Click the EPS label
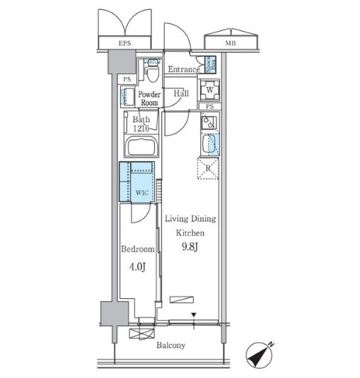[x=124, y=43]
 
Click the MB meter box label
[x=231, y=43]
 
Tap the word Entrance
[x=184, y=69]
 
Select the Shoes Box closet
[x=210, y=64]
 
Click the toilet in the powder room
[x=152, y=71]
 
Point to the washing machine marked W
[x=209, y=90]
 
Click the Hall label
[x=181, y=93]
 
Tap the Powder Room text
[x=149, y=98]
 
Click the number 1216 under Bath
[x=141, y=129]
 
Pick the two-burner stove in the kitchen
[x=209, y=123]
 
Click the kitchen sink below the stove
[x=209, y=143]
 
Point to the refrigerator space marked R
[x=208, y=168]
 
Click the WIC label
[x=142, y=193]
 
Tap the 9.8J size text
[x=190, y=247]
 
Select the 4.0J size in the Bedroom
[x=137, y=267]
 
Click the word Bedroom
[x=138, y=249]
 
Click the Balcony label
[x=171, y=345]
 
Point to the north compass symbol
[x=260, y=355]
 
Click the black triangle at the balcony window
[x=194, y=315]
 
